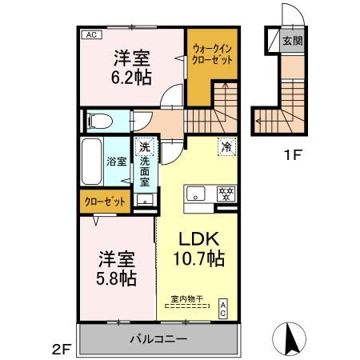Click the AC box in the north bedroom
[x=91, y=34]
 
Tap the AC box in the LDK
[x=223, y=309]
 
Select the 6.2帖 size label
[x=131, y=78]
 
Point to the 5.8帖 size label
[x=116, y=278]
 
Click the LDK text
[x=199, y=239]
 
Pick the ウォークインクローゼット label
[x=212, y=54]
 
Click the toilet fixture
[x=100, y=122]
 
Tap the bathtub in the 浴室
[x=92, y=162]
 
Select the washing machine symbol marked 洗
[x=144, y=146]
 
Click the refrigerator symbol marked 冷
[x=227, y=146]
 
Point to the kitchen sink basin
[x=196, y=194]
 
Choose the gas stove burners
[x=226, y=194]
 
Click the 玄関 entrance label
[x=293, y=41]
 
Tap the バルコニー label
[x=158, y=339]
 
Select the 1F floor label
[x=293, y=155]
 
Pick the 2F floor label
[x=62, y=350]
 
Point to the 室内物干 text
[x=187, y=298]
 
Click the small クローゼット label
[x=105, y=202]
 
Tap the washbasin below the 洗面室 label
[x=145, y=200]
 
